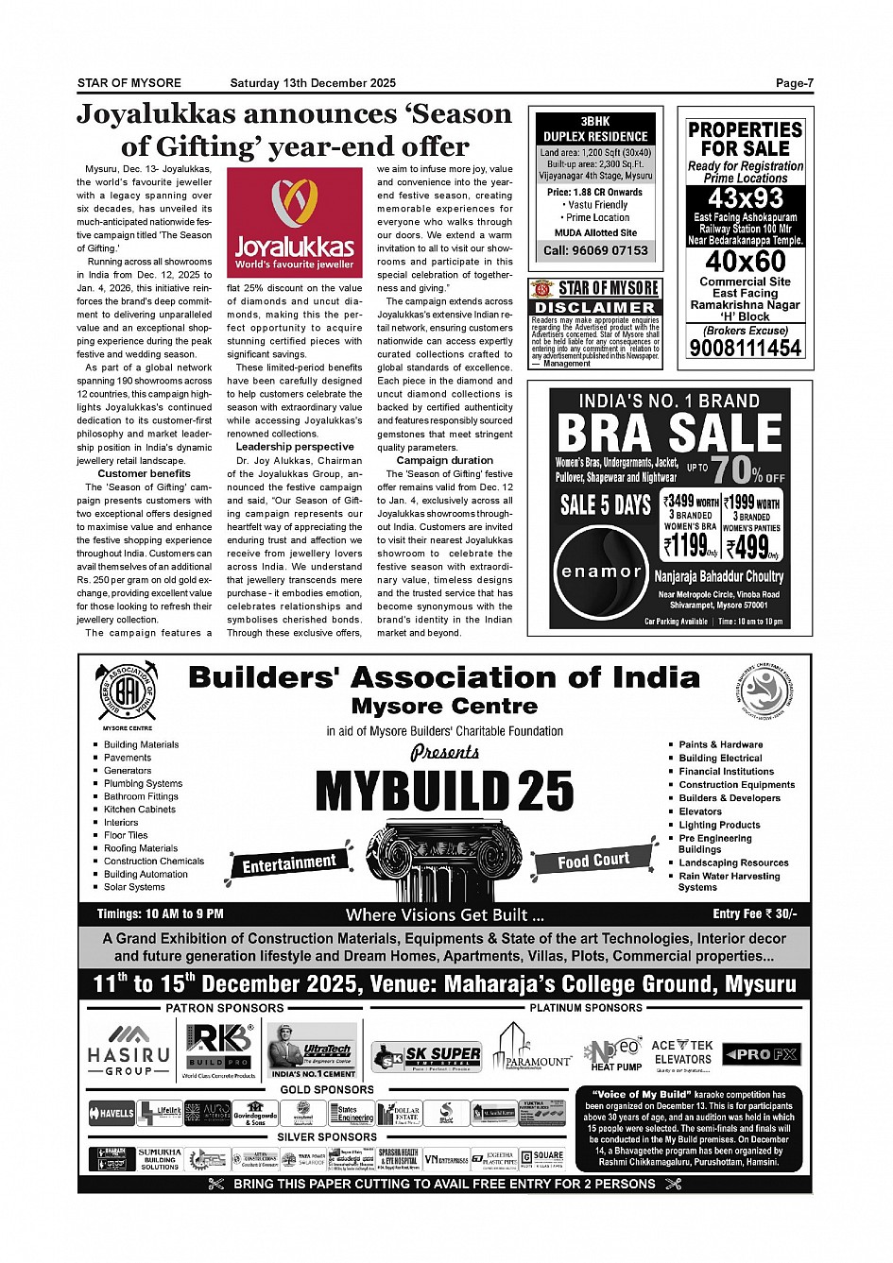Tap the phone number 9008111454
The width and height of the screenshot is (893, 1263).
point(745,348)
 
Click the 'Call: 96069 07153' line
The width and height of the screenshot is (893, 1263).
point(595,250)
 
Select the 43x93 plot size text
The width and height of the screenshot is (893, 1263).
point(746,198)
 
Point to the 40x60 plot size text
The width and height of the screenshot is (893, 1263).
point(746,261)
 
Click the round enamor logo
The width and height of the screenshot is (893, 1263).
point(601,572)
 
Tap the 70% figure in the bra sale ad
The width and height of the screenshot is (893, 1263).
point(736,469)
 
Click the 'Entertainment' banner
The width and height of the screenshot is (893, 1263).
point(289,862)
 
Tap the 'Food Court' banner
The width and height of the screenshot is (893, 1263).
point(593,860)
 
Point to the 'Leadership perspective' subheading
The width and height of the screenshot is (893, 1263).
point(295,447)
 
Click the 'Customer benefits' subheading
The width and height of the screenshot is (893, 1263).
point(144,473)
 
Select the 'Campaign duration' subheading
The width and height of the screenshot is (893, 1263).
point(444,460)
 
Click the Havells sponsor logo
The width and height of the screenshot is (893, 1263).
point(112,1113)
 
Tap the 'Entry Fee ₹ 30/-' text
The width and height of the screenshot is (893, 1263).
point(754,913)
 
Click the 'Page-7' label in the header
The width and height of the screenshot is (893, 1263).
point(794,83)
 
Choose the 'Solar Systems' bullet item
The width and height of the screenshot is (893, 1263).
point(134,887)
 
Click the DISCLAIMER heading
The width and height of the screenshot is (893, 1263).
point(594,307)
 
